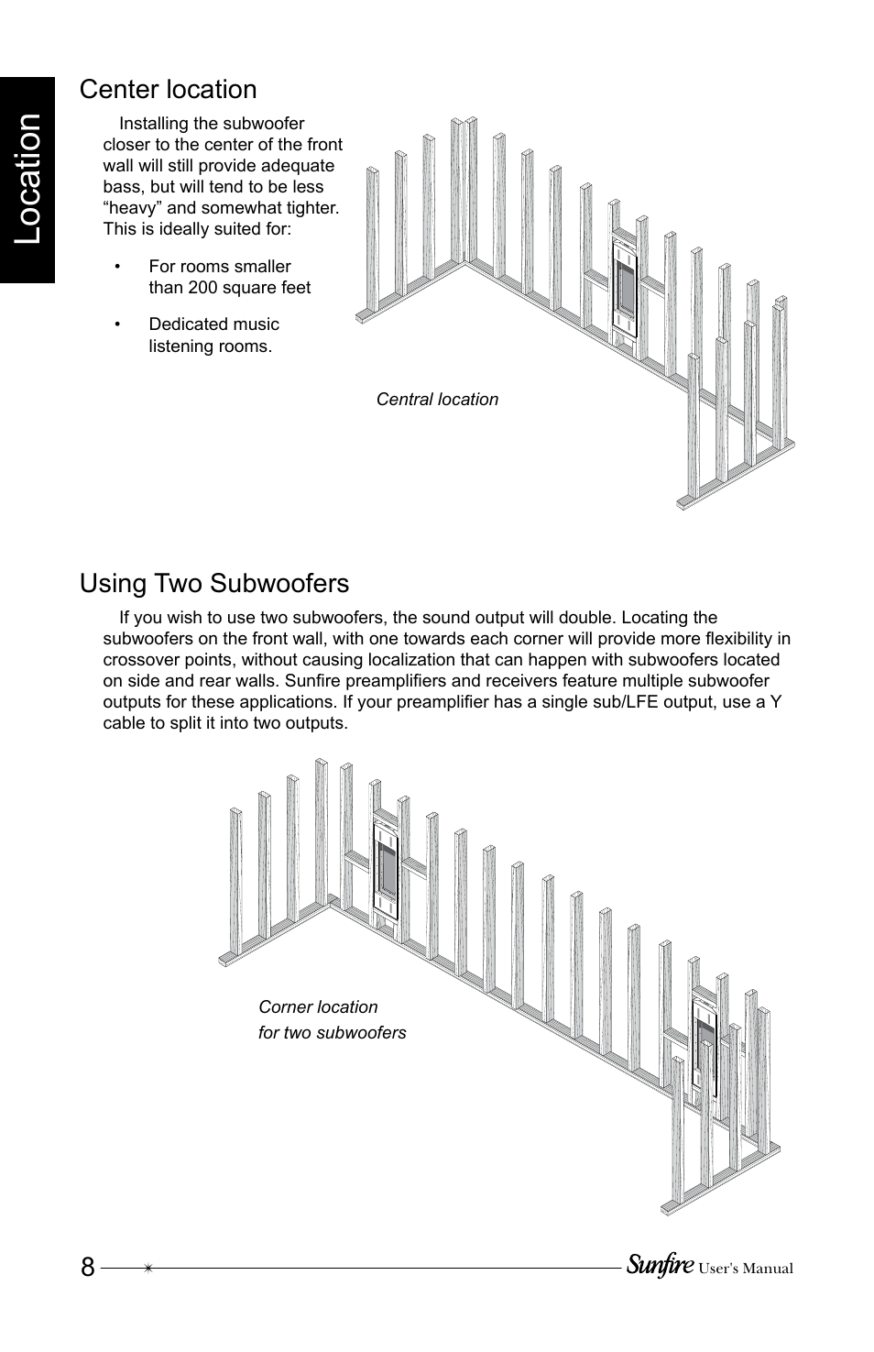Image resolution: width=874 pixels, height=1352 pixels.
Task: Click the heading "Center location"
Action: pos(168,90)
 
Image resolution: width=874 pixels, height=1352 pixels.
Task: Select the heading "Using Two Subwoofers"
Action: pos(214,584)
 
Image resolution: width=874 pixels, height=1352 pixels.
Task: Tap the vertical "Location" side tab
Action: pos(28,178)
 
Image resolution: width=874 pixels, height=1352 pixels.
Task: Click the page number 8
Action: pos(87,1268)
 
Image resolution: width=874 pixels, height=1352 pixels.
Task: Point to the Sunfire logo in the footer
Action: pos(660,1266)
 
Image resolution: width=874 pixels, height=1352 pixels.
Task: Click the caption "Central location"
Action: pos(437,400)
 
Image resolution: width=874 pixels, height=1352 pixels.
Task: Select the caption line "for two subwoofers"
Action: pos(332,1033)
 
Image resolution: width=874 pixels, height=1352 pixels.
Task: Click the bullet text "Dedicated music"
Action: pos(213,324)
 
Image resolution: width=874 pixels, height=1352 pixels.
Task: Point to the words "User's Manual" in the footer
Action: pos(745,1270)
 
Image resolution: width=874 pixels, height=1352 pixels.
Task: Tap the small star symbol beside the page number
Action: pos(147,1269)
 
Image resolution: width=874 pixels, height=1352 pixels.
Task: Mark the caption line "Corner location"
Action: pos(318,1007)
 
